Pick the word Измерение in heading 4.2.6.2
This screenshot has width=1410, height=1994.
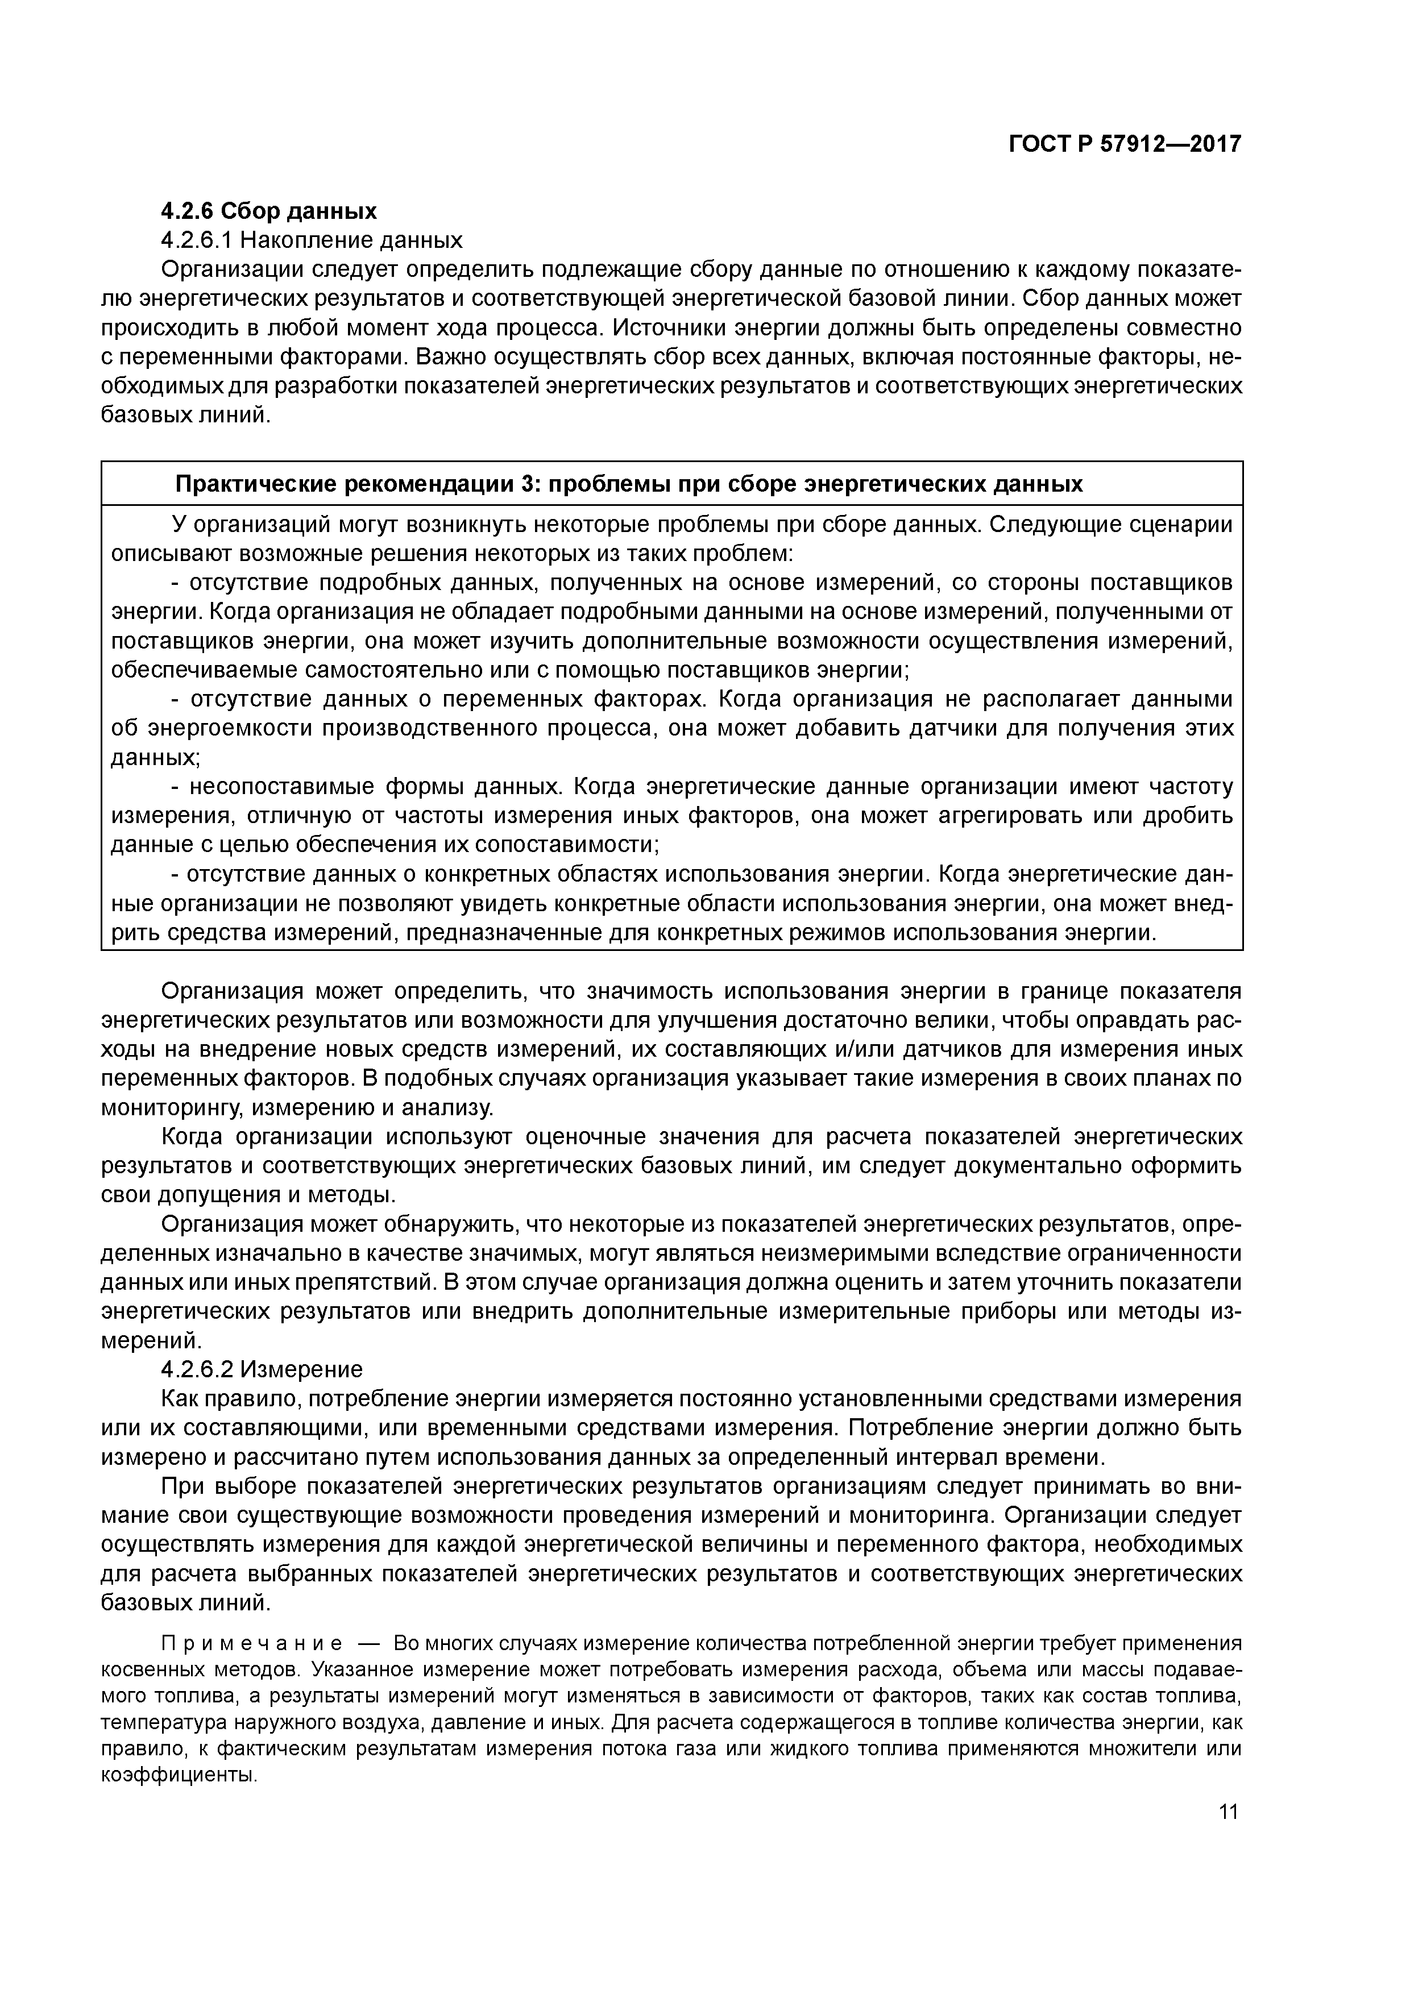(x=301, y=1369)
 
